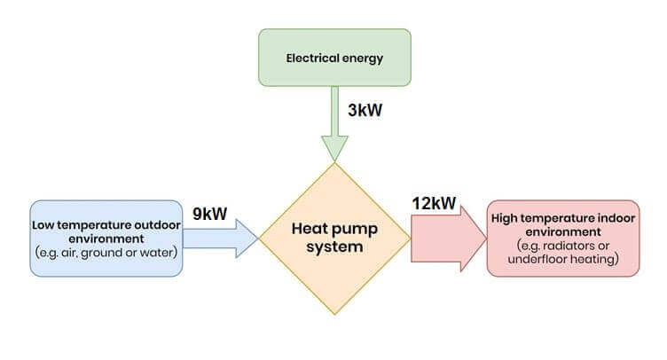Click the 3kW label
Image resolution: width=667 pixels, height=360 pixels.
point(365,110)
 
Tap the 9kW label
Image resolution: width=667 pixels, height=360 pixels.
point(209,214)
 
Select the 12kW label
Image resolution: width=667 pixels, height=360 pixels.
point(434,203)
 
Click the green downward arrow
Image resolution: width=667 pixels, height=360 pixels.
point(334,123)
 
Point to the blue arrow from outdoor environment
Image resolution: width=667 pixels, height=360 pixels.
point(220,239)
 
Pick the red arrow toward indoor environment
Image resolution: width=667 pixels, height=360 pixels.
point(449,239)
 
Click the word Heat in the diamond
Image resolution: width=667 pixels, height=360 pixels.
point(310,228)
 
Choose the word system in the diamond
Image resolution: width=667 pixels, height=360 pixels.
point(334,247)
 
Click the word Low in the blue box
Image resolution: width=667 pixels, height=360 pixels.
point(43,225)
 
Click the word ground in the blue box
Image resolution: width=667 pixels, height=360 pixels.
point(101,254)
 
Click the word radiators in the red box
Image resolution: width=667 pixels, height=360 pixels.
point(569,246)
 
